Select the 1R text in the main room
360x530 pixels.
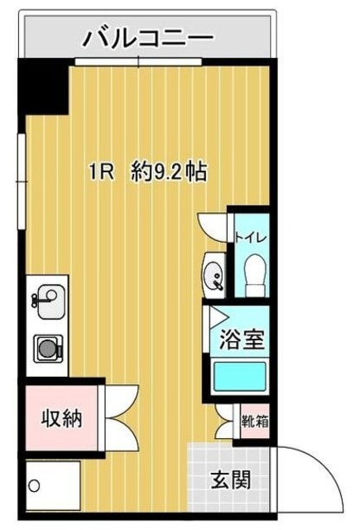point(103,172)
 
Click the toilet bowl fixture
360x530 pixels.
point(254,271)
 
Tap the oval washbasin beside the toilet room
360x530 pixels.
point(214,272)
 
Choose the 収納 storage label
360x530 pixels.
point(61,419)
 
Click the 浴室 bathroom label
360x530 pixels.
point(242,340)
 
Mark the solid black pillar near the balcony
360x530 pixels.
point(43,86)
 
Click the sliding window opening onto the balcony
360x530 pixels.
point(139,62)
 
